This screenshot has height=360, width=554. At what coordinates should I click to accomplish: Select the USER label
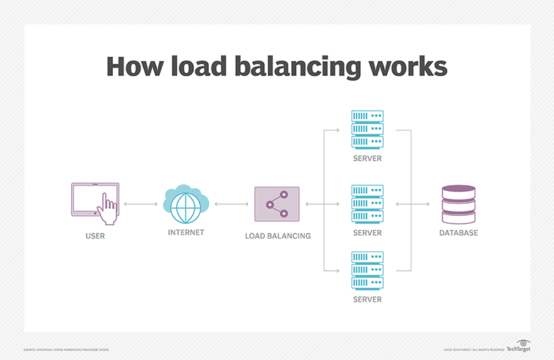[x=94, y=236]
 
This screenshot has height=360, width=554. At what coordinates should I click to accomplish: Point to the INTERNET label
[x=186, y=233]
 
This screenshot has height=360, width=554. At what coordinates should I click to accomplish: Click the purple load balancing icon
[x=276, y=204]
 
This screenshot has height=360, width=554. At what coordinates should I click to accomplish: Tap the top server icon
[x=367, y=129]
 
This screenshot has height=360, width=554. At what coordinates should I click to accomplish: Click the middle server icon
[x=367, y=204]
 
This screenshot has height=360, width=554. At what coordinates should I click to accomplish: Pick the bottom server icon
[x=367, y=271]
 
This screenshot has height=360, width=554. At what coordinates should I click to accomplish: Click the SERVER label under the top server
[x=367, y=158]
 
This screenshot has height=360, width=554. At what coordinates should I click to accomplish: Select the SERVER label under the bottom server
[x=367, y=300]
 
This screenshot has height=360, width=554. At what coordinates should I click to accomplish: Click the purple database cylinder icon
[x=458, y=204]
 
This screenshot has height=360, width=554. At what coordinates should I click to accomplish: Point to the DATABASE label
[x=458, y=233]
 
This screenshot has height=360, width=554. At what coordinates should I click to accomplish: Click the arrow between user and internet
[x=141, y=204]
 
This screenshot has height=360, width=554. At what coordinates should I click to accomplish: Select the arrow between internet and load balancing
[x=232, y=204]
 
